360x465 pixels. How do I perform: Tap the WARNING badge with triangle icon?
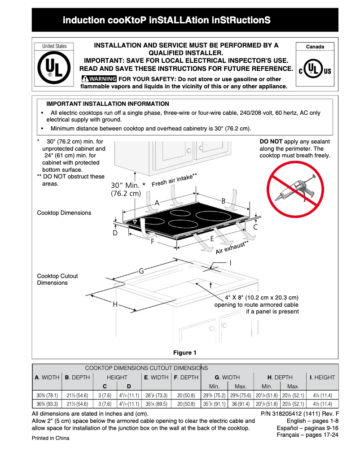click(x=99, y=79)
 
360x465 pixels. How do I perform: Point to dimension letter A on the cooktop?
click(x=157, y=203)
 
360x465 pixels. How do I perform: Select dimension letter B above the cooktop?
click(x=223, y=201)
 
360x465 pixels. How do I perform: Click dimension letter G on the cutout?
click(x=141, y=271)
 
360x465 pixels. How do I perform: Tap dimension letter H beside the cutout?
click(x=115, y=304)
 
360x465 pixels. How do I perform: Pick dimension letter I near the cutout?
click(x=230, y=263)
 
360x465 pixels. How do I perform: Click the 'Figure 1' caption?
click(x=185, y=352)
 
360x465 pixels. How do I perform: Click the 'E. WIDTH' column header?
click(x=156, y=378)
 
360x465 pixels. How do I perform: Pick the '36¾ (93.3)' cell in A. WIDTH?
click(x=47, y=404)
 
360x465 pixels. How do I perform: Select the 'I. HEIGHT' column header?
click(x=322, y=378)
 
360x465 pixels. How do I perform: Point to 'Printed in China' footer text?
click(x=51, y=438)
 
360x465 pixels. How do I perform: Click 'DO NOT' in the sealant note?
click(x=271, y=142)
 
